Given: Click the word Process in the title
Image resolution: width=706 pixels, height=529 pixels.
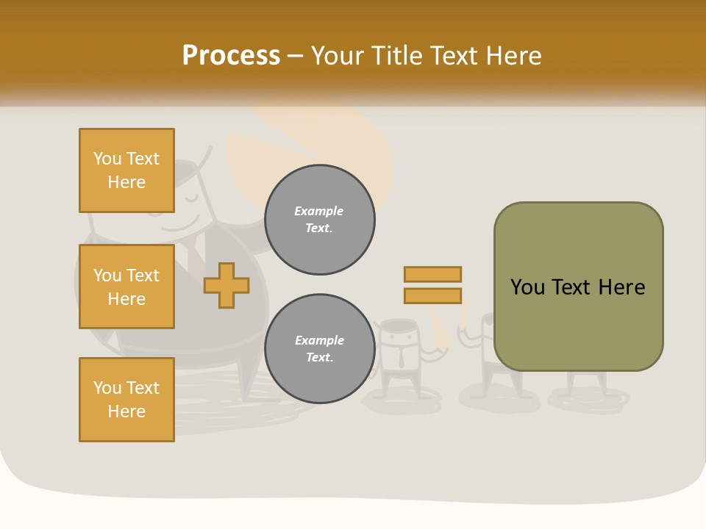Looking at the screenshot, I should coord(231,56).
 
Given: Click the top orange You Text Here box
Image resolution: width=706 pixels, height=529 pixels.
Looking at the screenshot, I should coord(126,170).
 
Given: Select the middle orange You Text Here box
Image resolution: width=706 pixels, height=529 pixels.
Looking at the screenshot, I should coord(126,287).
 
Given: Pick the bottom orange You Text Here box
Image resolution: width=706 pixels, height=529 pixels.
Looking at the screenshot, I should coord(126,400).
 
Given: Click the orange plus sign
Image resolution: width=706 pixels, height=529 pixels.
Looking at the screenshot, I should coord(227,285).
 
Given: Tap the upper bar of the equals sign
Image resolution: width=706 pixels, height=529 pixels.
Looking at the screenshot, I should coord(432,274).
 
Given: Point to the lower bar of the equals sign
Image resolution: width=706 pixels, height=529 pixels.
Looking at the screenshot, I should coord(432,295).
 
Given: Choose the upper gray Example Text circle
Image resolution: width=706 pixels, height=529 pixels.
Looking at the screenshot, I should coord(320,220).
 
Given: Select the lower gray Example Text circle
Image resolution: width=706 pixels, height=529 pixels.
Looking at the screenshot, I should coord(320,349).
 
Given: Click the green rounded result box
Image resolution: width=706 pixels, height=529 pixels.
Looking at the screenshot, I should coord(578,287).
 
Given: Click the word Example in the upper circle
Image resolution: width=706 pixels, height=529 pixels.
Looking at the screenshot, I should coord(319,211).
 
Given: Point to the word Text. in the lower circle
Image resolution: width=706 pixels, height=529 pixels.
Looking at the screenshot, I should coord(320,358).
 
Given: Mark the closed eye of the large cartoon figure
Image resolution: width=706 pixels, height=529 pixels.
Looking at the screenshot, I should coord(193,197).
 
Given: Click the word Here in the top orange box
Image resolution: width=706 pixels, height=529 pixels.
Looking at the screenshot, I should coord(126,182).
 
